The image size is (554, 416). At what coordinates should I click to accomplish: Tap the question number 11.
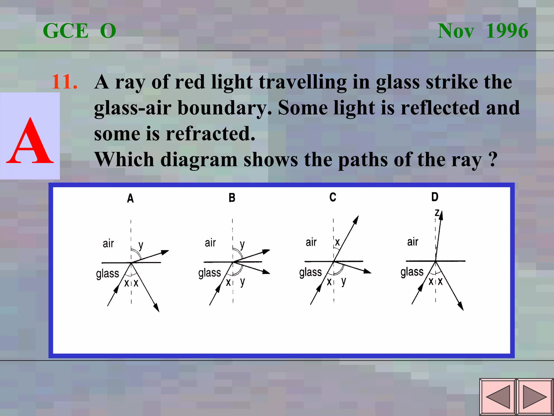pos(65,82)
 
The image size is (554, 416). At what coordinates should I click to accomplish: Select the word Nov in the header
pos(456,31)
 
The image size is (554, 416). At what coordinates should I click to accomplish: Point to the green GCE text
pos(66,31)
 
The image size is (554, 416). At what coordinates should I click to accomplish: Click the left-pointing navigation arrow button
pos(498,397)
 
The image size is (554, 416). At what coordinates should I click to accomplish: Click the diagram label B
pos(232,198)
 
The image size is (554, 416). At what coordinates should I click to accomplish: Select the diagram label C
pos(333,197)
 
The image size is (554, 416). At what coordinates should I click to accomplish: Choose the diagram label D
pos(435,197)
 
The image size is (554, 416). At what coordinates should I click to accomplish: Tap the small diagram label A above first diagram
pos(130,199)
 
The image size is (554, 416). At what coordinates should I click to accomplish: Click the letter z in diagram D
pos(437,213)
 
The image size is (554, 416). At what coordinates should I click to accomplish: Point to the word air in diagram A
pos(108,243)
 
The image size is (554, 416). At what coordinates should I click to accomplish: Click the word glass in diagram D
pos(412,272)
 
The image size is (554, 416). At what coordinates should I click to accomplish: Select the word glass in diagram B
pos(209,273)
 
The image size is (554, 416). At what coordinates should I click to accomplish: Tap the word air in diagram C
pos(311,242)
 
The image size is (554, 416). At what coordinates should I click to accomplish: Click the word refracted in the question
pos(210,134)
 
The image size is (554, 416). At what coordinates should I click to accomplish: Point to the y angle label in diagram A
pos(141,246)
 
